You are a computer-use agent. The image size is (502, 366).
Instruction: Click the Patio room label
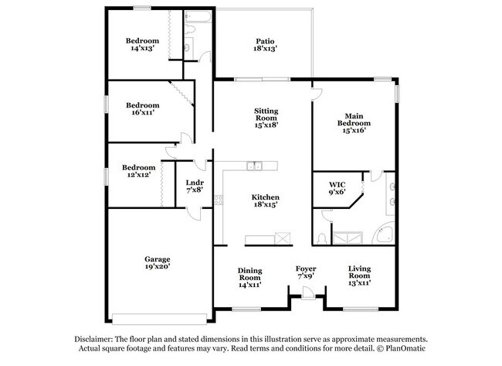(x=265, y=41)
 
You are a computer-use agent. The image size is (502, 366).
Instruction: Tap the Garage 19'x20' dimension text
(x=158, y=266)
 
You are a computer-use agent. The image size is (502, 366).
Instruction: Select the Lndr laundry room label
(x=195, y=183)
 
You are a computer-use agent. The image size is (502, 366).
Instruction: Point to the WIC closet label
(x=337, y=185)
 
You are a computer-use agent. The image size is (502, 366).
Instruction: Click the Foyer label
(x=306, y=269)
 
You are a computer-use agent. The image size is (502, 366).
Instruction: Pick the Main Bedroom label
(x=354, y=120)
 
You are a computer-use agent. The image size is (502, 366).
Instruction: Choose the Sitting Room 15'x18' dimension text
(x=266, y=125)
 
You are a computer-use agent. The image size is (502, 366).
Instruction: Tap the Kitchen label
(x=266, y=197)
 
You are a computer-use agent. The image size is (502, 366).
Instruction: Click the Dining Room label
(x=250, y=274)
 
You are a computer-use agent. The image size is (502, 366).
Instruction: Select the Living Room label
(x=360, y=272)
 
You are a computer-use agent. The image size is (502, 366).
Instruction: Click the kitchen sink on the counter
(x=254, y=166)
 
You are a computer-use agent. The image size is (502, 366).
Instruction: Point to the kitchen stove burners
(x=219, y=200)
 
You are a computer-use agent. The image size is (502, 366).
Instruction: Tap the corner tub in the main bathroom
(x=384, y=233)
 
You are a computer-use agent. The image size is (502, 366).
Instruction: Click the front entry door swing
(x=308, y=292)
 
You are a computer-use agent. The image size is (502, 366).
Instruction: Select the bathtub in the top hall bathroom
(x=198, y=17)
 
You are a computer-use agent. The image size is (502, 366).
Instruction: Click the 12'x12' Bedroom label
(x=138, y=167)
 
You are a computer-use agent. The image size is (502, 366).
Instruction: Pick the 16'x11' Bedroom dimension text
(x=143, y=113)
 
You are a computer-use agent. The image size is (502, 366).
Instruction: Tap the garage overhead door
(x=159, y=319)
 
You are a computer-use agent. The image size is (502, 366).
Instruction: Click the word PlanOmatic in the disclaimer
(x=405, y=348)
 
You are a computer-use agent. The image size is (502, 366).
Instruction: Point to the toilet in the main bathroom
(x=321, y=238)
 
